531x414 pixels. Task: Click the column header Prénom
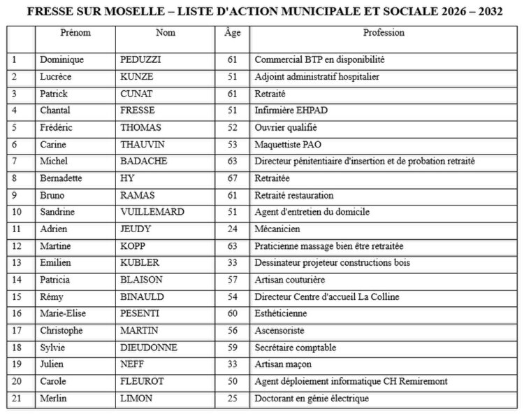point(75,33)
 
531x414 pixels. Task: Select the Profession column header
point(384,33)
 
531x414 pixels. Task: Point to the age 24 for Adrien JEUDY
point(232,229)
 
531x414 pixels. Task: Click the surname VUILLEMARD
point(152,212)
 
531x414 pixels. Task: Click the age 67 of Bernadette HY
point(232,178)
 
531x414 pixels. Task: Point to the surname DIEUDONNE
point(149,348)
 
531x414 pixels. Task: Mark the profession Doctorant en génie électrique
point(312,399)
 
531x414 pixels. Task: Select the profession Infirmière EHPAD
point(291,110)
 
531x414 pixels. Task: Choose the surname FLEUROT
point(143,382)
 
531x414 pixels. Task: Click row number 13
point(17,263)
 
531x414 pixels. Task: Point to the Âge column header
point(232,33)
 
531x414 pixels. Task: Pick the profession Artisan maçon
point(283,364)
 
